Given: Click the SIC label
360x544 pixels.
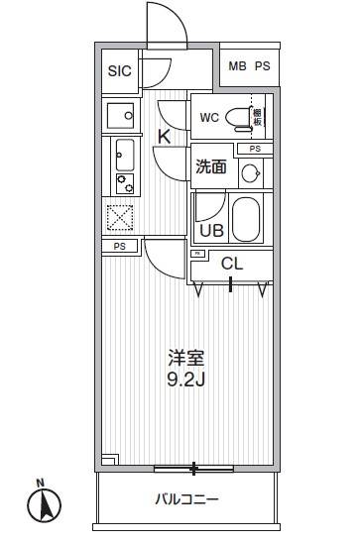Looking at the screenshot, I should click(x=119, y=70).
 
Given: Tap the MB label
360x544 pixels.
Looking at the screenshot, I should click(x=237, y=67).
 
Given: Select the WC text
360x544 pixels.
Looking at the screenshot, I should click(x=209, y=118).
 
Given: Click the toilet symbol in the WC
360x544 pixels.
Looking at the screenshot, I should click(x=238, y=118).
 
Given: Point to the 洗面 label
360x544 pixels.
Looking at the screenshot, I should click(x=210, y=167).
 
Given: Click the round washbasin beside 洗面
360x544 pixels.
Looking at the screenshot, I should click(x=251, y=174).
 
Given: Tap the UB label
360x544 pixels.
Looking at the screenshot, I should click(x=211, y=231).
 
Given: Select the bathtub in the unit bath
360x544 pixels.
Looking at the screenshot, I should click(x=246, y=218).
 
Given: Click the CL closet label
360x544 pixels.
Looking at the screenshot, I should click(x=231, y=264).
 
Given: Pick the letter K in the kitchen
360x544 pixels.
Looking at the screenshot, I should click(x=165, y=137).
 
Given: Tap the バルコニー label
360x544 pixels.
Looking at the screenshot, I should click(x=185, y=500).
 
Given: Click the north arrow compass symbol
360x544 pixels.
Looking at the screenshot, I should click(x=43, y=505).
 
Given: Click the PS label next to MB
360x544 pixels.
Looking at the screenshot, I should click(x=263, y=67).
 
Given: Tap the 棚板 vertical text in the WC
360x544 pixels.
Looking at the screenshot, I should click(x=258, y=117).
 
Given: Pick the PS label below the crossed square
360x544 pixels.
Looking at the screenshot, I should click(x=119, y=246).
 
